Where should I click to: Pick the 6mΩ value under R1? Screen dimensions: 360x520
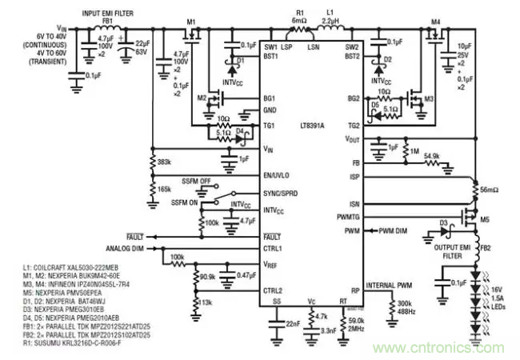(300, 22)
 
